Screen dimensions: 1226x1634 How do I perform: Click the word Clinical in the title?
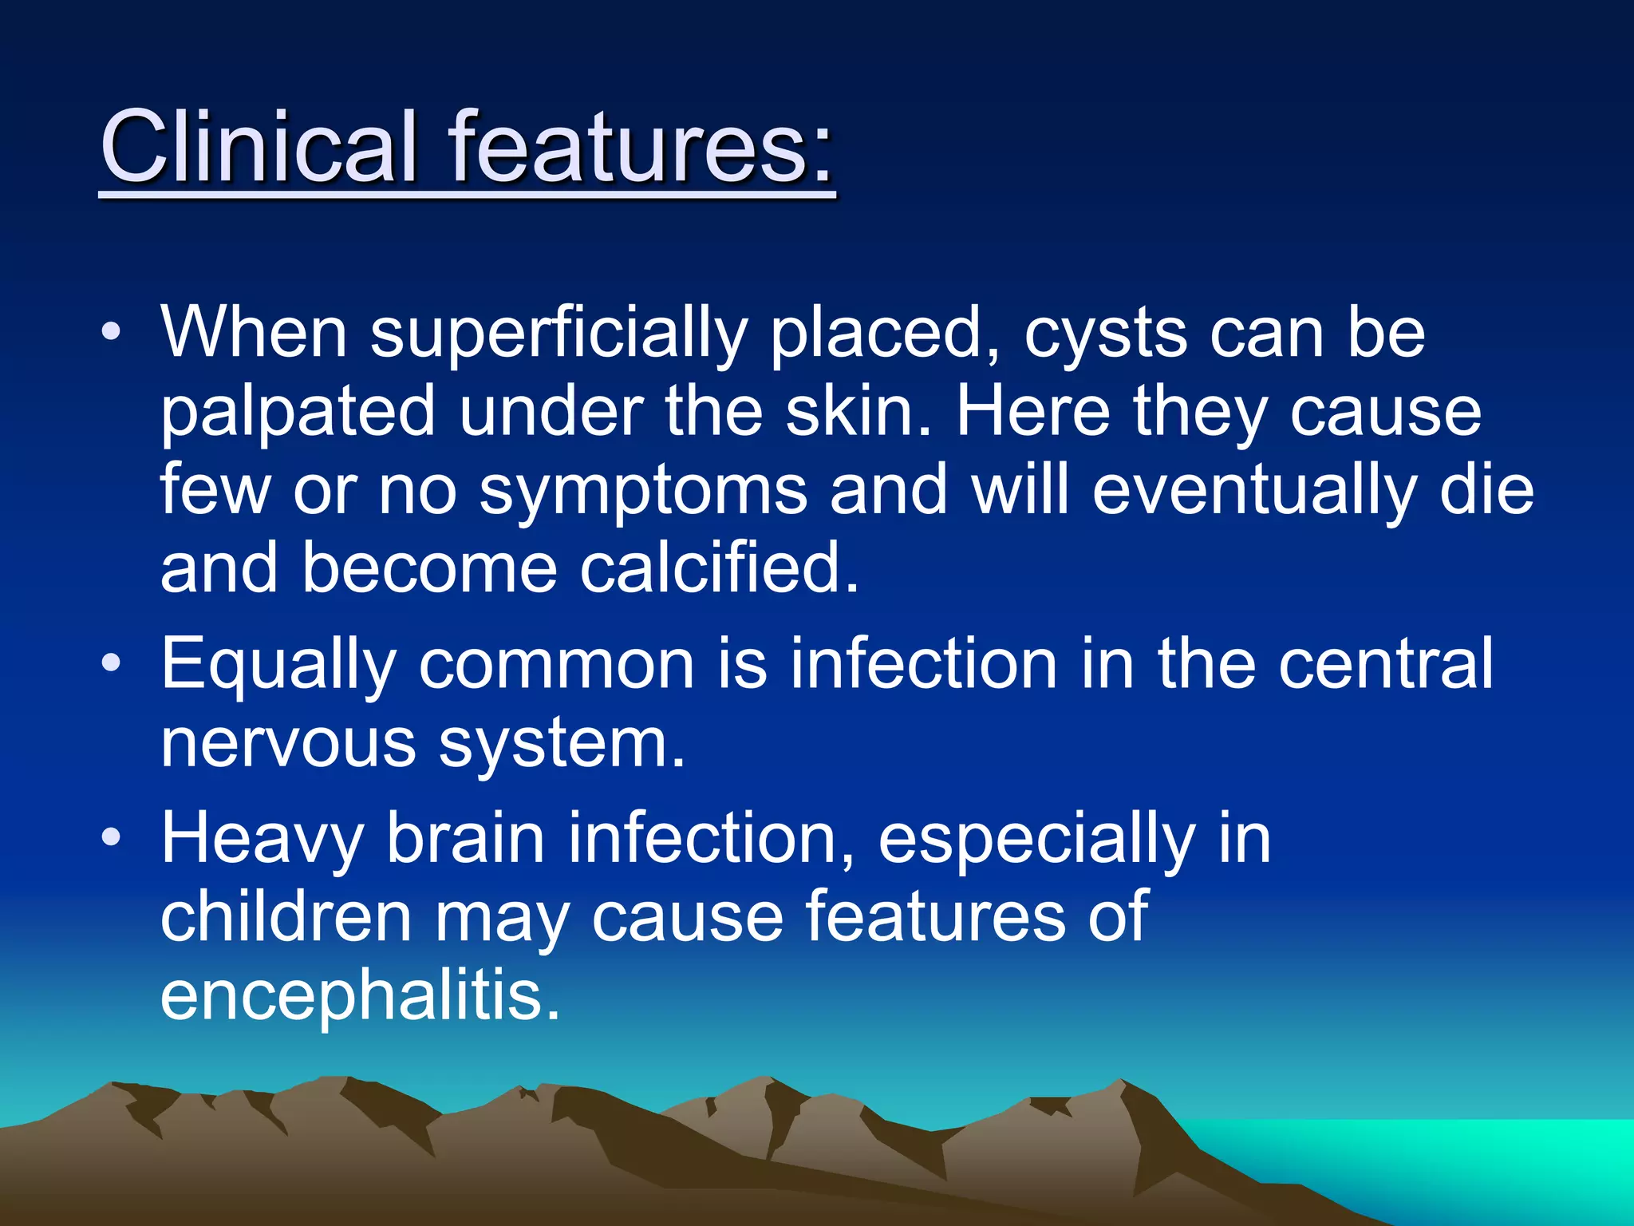tap(259, 148)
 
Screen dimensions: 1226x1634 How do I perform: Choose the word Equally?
tap(278, 666)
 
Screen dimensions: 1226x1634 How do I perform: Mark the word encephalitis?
tap(360, 996)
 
